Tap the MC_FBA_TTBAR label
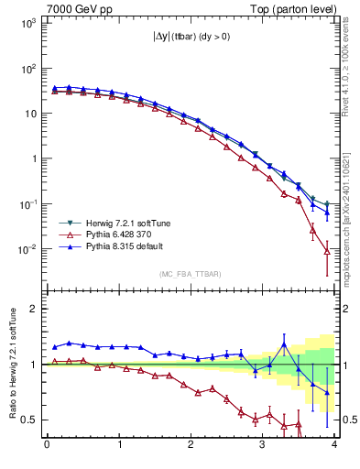(190, 274)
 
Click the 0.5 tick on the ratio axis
(29, 420)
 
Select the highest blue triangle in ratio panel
(284, 344)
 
